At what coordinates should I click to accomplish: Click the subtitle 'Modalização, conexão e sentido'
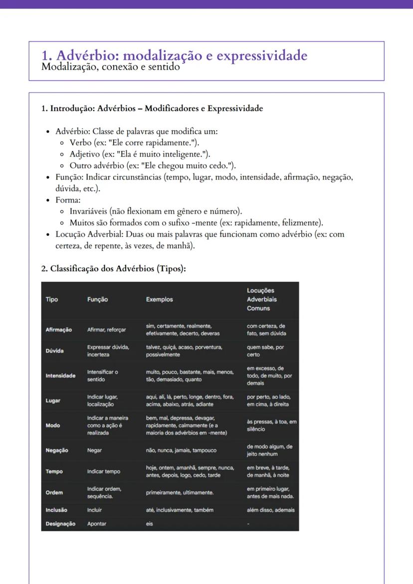coord(110,66)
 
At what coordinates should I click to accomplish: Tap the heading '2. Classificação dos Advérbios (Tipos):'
coord(114,269)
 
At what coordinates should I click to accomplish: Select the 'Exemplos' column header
coord(160,299)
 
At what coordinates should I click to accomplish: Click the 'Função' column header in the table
coord(97,299)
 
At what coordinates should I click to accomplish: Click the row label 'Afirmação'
coord(59,330)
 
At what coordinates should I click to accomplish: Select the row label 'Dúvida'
coord(55,351)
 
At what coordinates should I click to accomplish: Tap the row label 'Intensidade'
coord(61,376)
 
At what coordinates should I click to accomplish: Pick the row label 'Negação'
coord(57,450)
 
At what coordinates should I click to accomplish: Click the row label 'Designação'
coord(61,524)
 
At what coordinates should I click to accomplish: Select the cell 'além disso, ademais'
coord(271,510)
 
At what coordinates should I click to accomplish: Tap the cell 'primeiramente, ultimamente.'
coord(180,492)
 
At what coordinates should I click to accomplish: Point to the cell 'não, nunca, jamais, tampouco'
coord(181,450)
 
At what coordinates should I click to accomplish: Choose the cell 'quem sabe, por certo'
coord(265,351)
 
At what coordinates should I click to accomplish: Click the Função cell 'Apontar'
coord(97,524)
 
